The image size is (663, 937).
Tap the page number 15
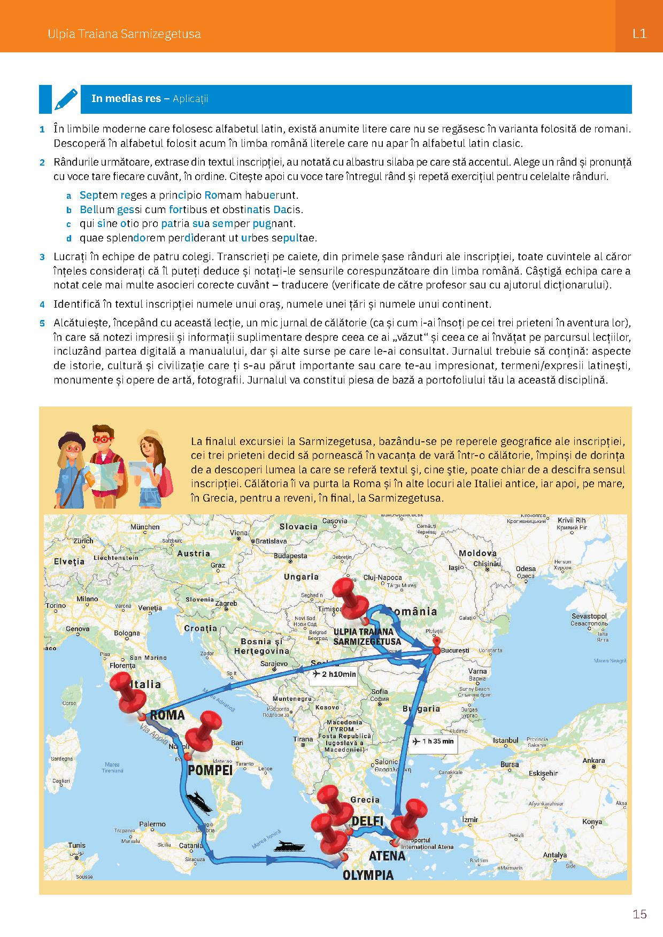[x=639, y=914]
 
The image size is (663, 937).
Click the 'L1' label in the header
[x=639, y=34]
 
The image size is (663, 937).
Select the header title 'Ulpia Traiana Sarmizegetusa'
[x=124, y=34]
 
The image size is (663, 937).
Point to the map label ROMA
[x=167, y=715]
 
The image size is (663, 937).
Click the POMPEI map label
[x=210, y=770]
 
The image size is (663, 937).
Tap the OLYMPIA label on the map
[x=368, y=875]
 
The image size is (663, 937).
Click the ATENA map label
[x=387, y=856]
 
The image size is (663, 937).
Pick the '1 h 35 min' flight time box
[x=434, y=741]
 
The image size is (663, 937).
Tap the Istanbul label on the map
[x=505, y=740]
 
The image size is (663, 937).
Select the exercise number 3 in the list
[x=42, y=257]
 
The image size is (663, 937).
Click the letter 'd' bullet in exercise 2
[x=68, y=238]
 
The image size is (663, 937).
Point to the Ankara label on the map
[x=593, y=761]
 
